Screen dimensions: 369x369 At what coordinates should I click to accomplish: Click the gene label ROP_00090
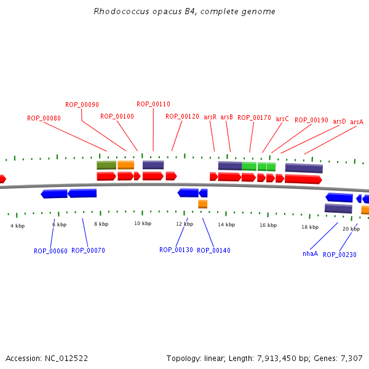[82, 105]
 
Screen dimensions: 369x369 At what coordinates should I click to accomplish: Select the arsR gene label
[210, 117]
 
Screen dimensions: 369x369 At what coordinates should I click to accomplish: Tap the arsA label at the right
[357, 122]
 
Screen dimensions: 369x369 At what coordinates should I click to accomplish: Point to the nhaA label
[310, 253]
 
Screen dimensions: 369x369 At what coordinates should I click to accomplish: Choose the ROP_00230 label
[339, 255]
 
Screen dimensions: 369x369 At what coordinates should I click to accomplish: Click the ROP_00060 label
[50, 251]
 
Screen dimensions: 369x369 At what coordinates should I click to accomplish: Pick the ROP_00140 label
[213, 250]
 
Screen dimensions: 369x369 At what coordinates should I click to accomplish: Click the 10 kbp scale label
[143, 223]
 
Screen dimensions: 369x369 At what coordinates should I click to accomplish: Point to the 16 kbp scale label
[268, 225]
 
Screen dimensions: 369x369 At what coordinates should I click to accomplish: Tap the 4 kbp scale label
[17, 226]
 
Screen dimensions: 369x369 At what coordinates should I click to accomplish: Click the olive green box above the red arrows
[106, 165]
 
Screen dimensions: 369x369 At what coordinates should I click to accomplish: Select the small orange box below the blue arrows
[202, 204]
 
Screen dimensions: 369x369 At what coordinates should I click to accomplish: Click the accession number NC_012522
[66, 359]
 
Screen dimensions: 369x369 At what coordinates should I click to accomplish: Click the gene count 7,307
[352, 359]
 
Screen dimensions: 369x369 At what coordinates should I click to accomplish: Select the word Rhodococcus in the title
[121, 11]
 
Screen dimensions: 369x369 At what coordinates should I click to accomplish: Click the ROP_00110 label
[153, 104]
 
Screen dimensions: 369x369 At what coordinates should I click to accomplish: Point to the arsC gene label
[282, 119]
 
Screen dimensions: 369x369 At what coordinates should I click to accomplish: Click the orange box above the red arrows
[126, 165]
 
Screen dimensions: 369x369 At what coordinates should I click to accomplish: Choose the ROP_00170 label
[254, 117]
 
